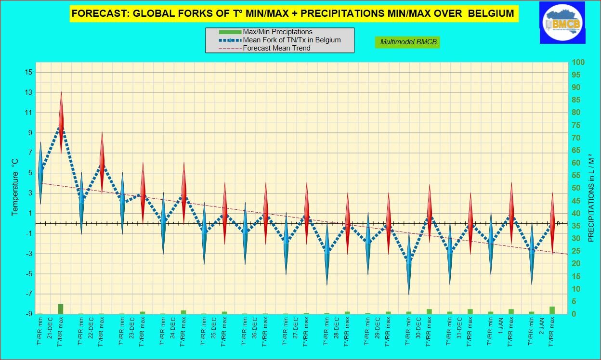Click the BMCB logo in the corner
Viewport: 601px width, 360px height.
[x=562, y=22]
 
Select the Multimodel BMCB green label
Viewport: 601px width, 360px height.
[x=408, y=42]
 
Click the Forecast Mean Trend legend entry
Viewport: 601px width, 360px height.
[x=276, y=48]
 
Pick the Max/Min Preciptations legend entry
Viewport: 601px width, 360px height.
[x=277, y=32]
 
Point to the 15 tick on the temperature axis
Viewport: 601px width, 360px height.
[x=28, y=72]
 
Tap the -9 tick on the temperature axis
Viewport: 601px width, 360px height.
[x=28, y=314]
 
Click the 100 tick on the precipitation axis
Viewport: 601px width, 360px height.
[x=578, y=63]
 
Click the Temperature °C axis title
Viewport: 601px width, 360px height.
[x=15, y=188]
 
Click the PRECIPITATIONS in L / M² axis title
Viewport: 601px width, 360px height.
[x=591, y=188]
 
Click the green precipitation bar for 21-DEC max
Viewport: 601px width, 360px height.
[x=61, y=309]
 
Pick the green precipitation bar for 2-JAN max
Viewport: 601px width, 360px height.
[x=552, y=310]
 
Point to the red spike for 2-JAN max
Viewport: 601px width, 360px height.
[x=552, y=224]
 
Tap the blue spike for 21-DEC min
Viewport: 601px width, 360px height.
[x=40, y=173]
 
